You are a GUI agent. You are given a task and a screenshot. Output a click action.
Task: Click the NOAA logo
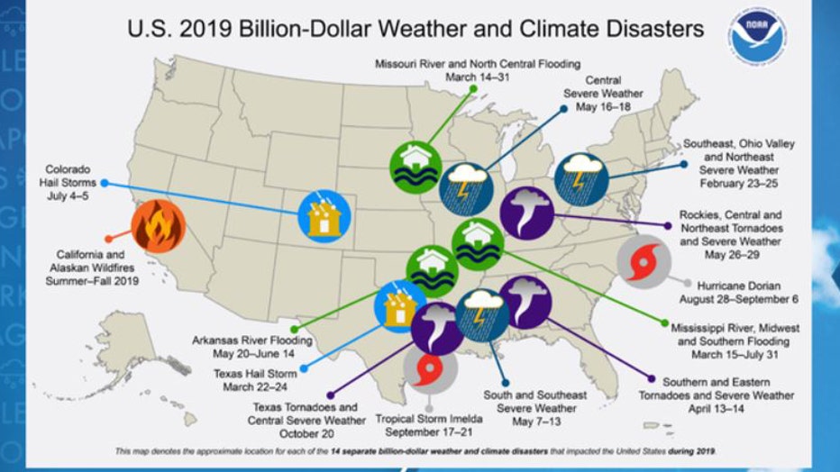pyautogui.click(x=758, y=35)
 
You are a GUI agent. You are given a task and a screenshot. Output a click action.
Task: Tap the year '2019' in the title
pyautogui.click(x=208, y=30)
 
